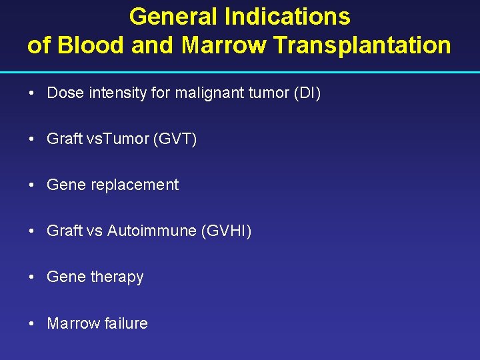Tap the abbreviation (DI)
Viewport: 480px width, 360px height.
[307, 93]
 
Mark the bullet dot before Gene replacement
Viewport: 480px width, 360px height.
[32, 185]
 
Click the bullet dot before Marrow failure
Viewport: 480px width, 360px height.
[32, 323]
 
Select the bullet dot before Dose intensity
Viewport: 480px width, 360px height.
[32, 93]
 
